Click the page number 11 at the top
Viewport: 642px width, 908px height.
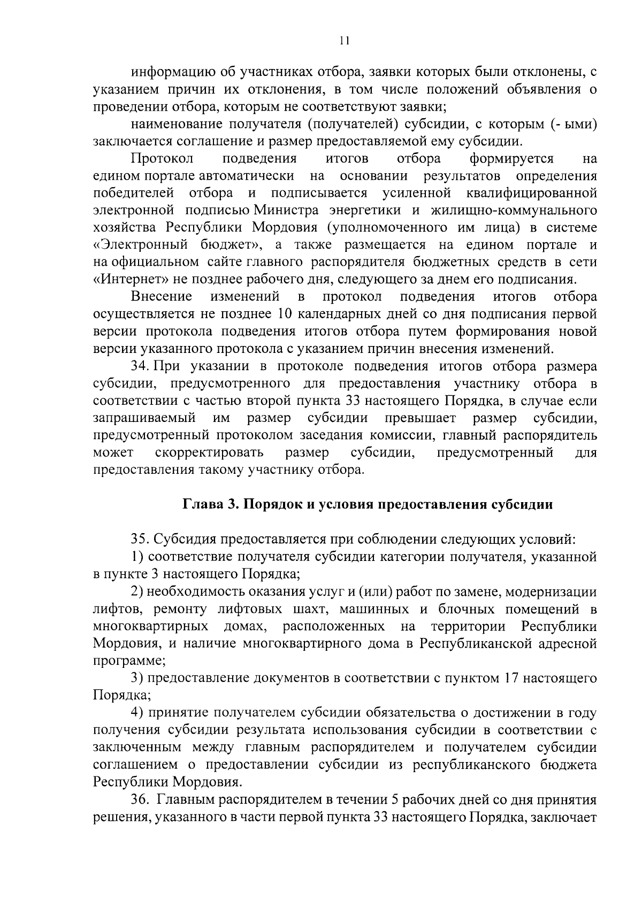coord(345,41)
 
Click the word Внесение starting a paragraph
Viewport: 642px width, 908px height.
coord(162,297)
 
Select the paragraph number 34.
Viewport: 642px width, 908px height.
coord(140,366)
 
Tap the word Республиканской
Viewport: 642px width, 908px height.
coord(482,643)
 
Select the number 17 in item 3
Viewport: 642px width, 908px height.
coord(509,678)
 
